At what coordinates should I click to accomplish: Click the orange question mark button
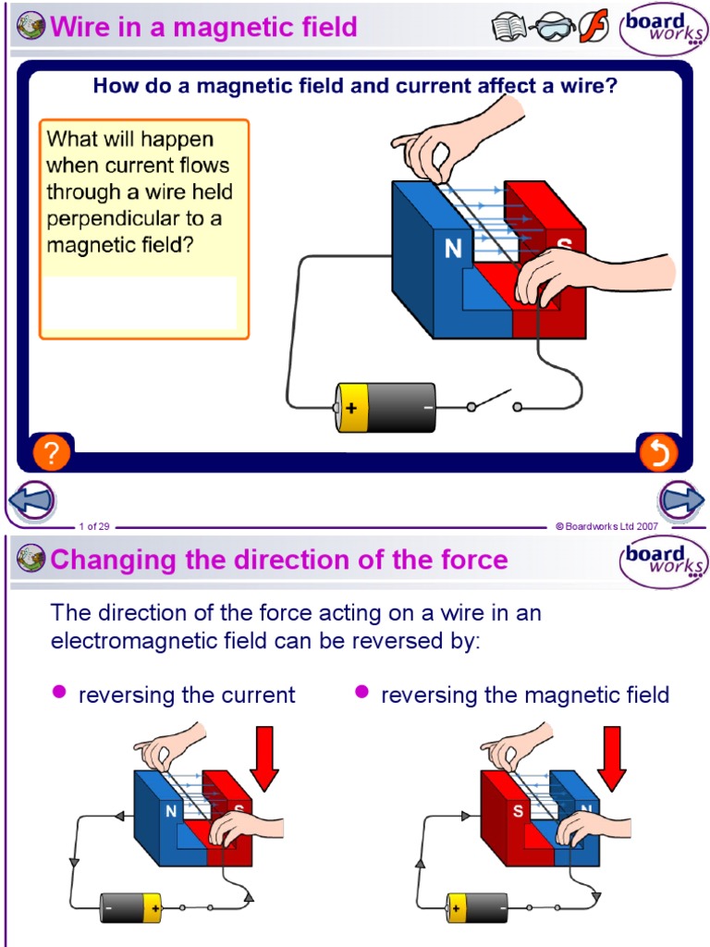tap(52, 452)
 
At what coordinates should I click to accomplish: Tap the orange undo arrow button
tap(658, 452)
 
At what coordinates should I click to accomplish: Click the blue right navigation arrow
tap(682, 501)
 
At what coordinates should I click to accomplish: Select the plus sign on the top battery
tap(351, 408)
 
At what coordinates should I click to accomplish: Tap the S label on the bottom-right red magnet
tap(519, 811)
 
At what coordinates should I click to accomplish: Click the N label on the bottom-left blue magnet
tap(171, 811)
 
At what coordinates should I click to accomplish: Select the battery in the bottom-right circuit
tap(477, 907)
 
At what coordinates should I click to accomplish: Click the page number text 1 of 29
tap(94, 526)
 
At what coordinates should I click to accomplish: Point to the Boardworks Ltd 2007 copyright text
tap(606, 526)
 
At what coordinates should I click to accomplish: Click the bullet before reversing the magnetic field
tap(362, 692)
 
